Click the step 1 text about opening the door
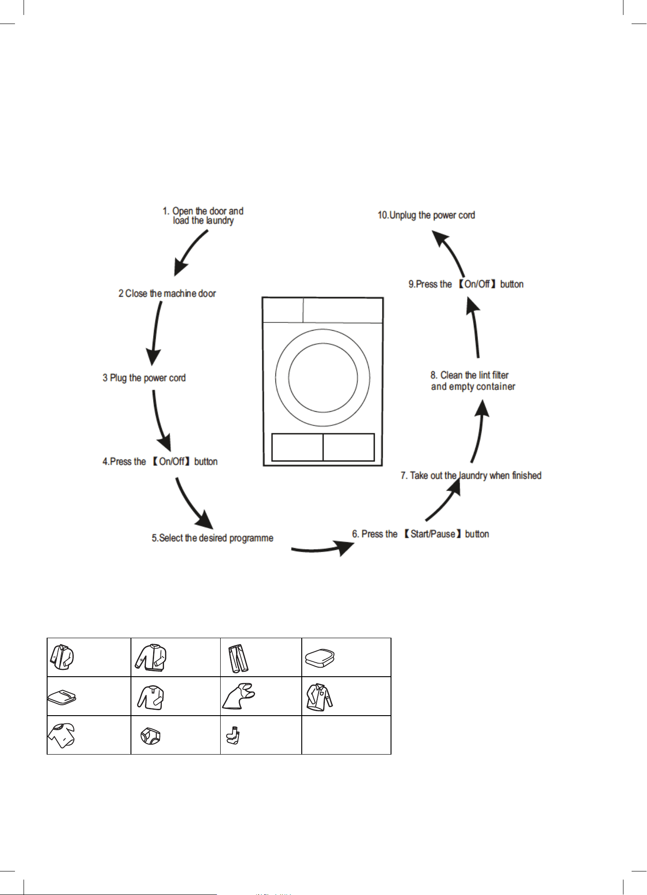click(203, 216)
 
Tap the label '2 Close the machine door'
click(167, 294)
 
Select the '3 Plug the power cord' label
click(144, 378)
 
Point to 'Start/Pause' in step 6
click(433, 534)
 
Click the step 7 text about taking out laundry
click(471, 476)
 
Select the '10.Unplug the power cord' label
click(426, 215)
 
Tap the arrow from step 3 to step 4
click(159, 419)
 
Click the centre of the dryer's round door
click(323, 378)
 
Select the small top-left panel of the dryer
click(283, 310)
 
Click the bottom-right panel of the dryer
click(349, 447)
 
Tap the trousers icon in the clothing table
click(239, 658)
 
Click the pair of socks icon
click(233, 736)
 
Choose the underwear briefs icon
click(151, 736)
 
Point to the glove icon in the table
click(239, 696)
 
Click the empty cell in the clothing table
click(346, 735)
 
